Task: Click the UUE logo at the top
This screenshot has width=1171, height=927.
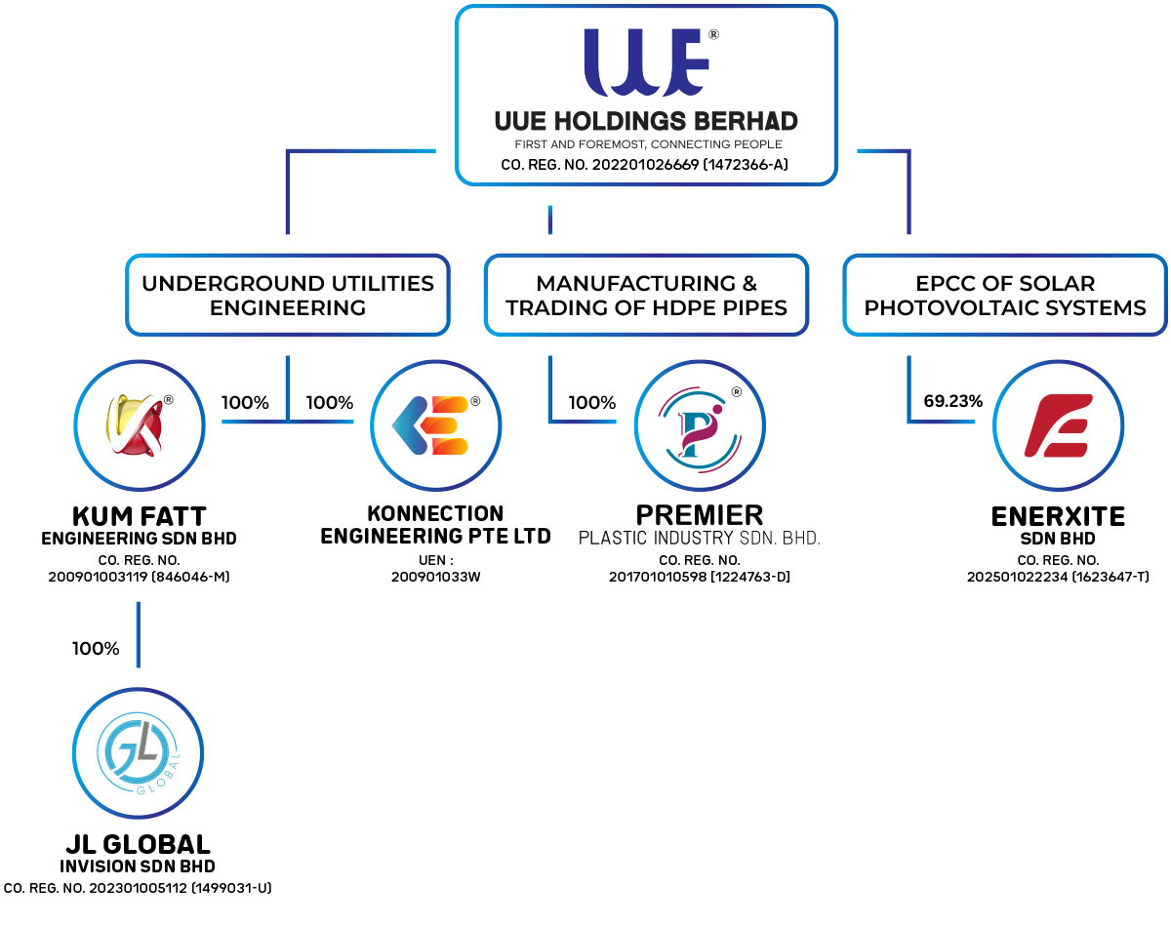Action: point(647,65)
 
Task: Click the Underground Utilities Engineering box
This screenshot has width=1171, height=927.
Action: point(288,296)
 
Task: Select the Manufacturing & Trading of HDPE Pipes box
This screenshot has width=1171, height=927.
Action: point(646,296)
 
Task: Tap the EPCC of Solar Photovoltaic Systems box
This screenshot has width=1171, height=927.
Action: point(1005,296)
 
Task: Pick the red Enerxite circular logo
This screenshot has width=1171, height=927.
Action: point(1058,425)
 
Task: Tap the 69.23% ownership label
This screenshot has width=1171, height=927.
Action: point(952,400)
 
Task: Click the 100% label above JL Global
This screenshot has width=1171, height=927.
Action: point(96,648)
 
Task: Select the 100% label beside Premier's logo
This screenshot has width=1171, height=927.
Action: point(592,402)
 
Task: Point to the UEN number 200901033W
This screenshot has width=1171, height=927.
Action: point(435,577)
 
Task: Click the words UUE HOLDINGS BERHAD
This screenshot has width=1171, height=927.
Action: point(646,122)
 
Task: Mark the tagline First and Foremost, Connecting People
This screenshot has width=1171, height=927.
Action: point(646,145)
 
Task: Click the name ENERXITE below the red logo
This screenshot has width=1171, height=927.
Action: point(1058,515)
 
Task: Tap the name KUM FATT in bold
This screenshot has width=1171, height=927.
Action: point(140,515)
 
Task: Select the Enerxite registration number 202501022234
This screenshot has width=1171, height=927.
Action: point(1058,577)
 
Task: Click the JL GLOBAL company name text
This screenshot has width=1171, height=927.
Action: point(138,844)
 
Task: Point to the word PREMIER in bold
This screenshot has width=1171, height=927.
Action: point(699,514)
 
